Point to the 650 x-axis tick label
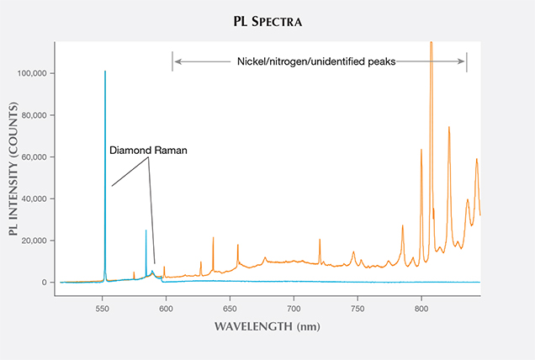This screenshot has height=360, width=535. click(230, 299)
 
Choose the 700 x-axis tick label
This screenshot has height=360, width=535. click(294, 299)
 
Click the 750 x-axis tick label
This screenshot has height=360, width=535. click(358, 299)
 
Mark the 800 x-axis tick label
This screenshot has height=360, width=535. click(421, 299)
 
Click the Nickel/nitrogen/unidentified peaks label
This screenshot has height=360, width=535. click(316, 61)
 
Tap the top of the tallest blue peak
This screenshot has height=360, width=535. click(105, 72)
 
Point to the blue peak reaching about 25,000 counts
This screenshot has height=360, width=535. click(146, 230)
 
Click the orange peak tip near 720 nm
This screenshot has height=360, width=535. click(320, 240)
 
